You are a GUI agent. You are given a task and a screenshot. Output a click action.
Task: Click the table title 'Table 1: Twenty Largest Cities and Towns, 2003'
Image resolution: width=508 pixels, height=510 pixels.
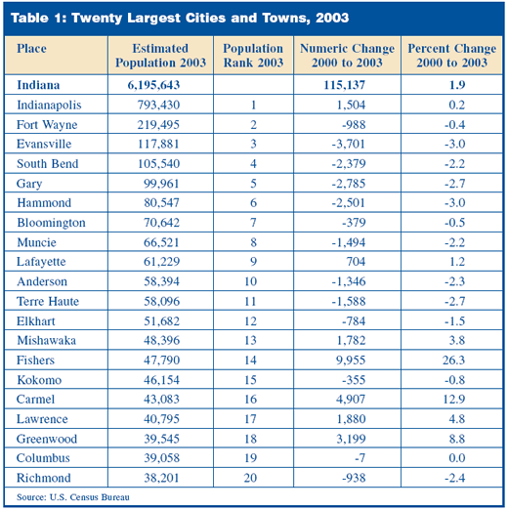[x=180, y=18]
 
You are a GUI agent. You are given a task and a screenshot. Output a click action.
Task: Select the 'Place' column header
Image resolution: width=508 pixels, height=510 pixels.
[x=31, y=49]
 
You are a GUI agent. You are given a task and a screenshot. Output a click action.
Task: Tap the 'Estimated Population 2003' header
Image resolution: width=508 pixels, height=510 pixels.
[x=160, y=56]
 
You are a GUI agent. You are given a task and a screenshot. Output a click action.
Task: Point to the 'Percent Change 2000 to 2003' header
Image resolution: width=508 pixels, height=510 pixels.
[x=452, y=56]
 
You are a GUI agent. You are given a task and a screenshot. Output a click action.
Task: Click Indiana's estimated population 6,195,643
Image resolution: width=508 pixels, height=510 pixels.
[x=153, y=85]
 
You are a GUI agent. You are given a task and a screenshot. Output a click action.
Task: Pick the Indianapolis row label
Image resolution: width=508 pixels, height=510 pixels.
[x=49, y=105]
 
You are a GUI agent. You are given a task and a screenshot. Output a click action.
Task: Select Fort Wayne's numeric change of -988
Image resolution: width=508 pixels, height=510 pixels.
[x=354, y=125]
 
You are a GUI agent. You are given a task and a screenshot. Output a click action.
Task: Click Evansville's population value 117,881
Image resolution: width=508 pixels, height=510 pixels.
[x=158, y=144]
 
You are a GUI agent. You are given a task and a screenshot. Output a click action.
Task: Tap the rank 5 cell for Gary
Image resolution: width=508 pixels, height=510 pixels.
[x=253, y=184]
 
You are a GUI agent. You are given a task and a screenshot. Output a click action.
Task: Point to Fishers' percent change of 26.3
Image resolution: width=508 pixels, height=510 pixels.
[x=453, y=361]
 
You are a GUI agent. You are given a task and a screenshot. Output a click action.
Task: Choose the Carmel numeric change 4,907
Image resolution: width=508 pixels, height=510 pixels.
[x=351, y=400]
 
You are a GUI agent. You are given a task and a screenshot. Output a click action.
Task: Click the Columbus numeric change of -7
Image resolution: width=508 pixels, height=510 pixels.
[x=360, y=458]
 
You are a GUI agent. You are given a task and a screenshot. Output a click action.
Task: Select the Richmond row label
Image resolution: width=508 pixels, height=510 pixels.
[x=44, y=478]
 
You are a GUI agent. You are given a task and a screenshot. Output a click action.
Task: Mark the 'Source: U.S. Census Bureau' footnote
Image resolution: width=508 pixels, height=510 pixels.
[x=73, y=497]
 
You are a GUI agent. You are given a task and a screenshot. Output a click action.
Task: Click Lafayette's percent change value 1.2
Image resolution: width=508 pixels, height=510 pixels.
[x=457, y=262]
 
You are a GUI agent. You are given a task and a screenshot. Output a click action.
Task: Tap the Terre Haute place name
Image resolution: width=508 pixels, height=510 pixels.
[x=48, y=301]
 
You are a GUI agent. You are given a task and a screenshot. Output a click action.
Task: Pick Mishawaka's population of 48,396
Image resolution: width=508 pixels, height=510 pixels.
[x=161, y=340]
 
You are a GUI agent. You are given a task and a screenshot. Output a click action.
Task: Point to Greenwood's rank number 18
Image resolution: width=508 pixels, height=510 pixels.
[x=250, y=439]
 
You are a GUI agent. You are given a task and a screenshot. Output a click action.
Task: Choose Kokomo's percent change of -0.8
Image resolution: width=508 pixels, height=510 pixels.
[x=454, y=380]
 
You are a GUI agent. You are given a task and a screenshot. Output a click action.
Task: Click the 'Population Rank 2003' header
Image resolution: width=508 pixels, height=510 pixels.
[x=253, y=56]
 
